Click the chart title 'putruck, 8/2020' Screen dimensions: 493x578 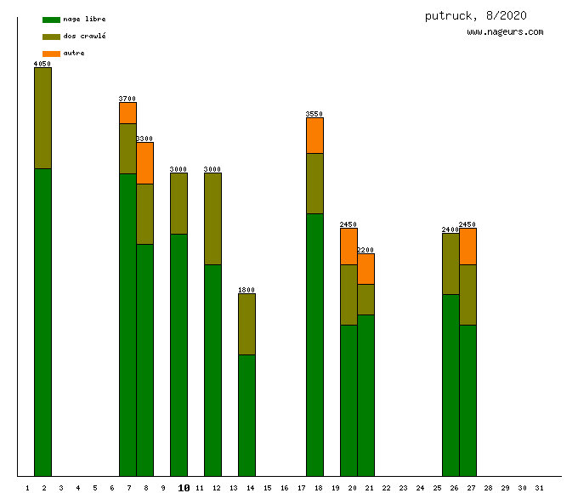point(476,15)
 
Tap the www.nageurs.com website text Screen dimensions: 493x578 point(505,32)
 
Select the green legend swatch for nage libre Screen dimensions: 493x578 point(51,20)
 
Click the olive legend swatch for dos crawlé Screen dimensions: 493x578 point(51,37)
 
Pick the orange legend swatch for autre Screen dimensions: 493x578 point(51,54)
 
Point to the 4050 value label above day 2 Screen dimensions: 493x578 point(42,64)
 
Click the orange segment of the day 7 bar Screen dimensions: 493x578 point(127,113)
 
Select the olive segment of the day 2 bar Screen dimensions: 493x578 point(42,118)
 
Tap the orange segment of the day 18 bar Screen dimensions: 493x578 point(314,135)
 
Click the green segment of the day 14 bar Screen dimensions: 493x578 point(246,415)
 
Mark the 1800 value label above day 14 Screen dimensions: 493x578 point(246,290)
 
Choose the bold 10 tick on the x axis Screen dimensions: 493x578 point(183,488)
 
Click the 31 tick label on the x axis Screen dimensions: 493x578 point(539,488)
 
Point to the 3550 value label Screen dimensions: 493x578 point(314,114)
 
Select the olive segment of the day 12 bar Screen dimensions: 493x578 point(212,218)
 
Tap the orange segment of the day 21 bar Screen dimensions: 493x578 point(365,269)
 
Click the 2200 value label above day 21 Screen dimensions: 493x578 point(365,250)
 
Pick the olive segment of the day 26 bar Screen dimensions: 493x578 point(450,263)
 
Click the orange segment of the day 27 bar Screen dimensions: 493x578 point(467,246)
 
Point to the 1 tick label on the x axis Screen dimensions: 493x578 point(27,488)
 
